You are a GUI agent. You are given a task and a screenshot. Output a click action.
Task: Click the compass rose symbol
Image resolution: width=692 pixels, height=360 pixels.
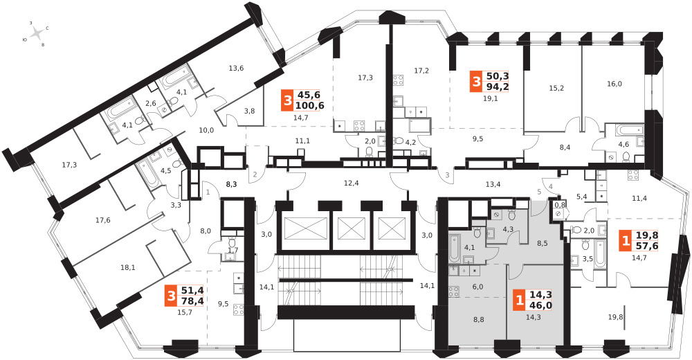38,33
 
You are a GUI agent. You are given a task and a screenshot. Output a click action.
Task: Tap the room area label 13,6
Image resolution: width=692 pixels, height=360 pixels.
237,68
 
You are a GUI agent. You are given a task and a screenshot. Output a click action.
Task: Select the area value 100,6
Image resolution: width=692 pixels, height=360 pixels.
309,105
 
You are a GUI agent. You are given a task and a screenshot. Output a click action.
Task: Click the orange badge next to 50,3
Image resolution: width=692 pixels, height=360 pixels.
475,81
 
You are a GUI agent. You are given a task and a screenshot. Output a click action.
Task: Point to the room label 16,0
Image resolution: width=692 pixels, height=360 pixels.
614,84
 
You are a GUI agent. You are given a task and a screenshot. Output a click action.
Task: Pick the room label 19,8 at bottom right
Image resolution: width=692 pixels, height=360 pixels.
615,317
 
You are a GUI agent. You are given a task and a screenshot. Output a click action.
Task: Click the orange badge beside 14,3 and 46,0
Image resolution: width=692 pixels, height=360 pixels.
517,301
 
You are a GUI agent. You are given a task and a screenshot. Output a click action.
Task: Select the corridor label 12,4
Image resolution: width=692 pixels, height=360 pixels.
352,183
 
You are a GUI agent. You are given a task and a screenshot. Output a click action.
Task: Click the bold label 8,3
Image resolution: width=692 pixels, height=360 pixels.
232,184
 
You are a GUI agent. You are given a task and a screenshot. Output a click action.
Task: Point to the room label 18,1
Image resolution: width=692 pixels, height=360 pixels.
128,267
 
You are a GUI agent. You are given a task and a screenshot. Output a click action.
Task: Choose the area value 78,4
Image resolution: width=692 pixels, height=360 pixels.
192,301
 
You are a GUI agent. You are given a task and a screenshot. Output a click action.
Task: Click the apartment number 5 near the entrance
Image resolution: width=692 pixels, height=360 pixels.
539,191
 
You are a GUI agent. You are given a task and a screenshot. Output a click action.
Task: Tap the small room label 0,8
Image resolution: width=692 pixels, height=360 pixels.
560,204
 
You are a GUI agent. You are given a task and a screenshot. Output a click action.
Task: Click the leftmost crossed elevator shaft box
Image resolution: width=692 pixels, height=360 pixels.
300,228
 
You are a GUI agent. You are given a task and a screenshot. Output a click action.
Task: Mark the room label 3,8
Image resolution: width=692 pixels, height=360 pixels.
250,111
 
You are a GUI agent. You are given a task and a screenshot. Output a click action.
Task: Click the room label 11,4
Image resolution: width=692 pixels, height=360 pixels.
639,199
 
